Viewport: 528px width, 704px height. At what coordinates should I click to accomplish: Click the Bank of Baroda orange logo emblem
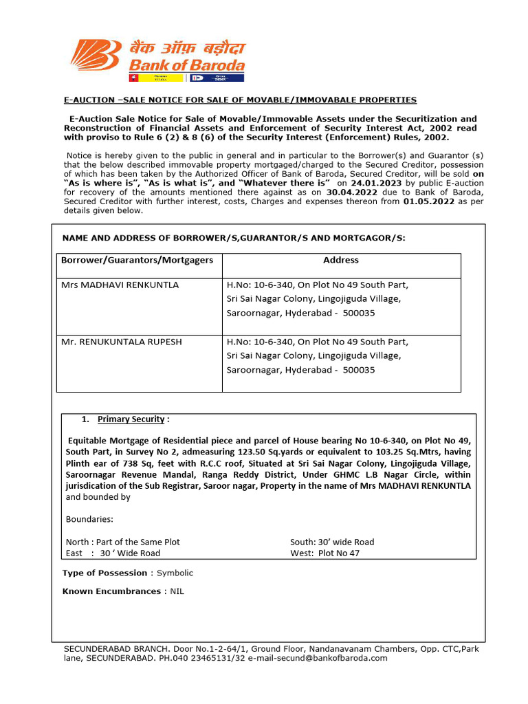[98, 58]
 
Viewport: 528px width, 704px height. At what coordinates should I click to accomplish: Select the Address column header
[341, 260]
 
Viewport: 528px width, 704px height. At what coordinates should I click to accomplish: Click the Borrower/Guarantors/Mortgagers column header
[137, 260]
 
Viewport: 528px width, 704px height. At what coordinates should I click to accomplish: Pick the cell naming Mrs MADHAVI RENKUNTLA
[120, 285]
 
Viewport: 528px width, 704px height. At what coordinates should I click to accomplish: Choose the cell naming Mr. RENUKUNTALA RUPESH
[122, 342]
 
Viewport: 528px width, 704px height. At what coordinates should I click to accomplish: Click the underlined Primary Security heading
[131, 419]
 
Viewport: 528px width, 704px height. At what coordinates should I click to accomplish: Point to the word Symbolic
[175, 573]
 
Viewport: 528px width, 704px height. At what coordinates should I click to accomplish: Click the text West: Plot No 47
[324, 553]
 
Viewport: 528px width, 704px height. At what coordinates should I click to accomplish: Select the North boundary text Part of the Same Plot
[140, 542]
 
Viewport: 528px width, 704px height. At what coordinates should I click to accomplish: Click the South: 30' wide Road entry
[332, 542]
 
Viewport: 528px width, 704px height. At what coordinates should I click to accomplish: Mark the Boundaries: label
[90, 519]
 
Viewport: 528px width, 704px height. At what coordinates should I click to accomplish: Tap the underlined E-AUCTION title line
[240, 100]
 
